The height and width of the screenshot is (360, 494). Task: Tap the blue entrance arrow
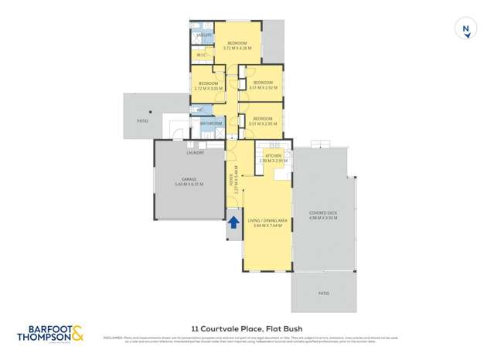[233, 222]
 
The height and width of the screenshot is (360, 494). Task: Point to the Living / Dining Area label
[267, 221]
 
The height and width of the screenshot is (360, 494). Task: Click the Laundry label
[195, 152]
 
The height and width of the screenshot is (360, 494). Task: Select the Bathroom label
[211, 124]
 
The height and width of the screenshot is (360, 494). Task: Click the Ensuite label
[204, 36]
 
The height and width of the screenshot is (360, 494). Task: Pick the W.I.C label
[200, 55]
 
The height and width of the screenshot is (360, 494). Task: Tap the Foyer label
[230, 179]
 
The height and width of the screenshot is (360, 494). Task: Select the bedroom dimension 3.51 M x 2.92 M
[263, 87]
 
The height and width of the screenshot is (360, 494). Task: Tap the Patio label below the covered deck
[324, 294]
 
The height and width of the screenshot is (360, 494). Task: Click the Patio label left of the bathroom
[142, 121]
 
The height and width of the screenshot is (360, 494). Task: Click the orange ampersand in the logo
[78, 335]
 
